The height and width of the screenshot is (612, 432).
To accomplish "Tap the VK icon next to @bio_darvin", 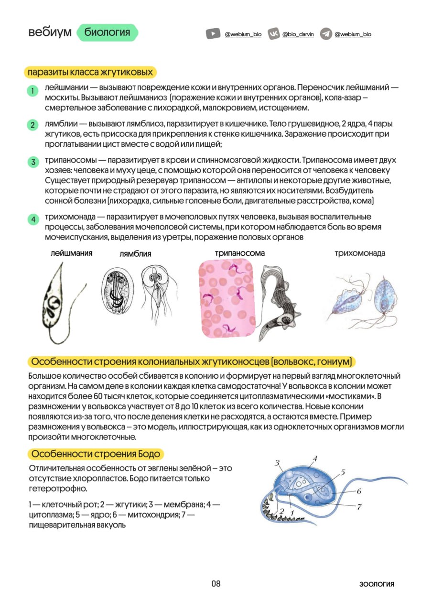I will click(273, 34).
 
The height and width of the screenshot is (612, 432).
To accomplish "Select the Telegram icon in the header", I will click(326, 34).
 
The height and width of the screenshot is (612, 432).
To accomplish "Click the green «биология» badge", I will click(107, 33).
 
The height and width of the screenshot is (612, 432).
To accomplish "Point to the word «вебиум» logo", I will click(50, 33).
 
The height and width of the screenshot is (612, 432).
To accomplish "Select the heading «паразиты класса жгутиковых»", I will click(90, 72).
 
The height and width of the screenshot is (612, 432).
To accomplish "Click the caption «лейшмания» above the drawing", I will click(72, 253).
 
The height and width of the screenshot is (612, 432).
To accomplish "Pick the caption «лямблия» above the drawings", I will click(135, 254).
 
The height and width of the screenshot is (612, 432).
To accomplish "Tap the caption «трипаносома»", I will click(240, 253).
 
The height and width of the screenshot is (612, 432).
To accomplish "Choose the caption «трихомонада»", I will click(360, 253).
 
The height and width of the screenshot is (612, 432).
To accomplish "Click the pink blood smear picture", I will click(227, 299).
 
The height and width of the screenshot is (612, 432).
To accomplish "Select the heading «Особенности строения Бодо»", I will click(96, 454).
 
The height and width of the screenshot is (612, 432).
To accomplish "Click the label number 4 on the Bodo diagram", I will click(315, 459).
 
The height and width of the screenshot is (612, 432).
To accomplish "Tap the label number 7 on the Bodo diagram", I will click(359, 506).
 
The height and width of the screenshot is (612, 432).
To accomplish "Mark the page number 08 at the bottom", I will click(216, 584).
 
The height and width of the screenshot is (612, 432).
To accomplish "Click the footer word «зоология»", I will click(377, 584).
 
